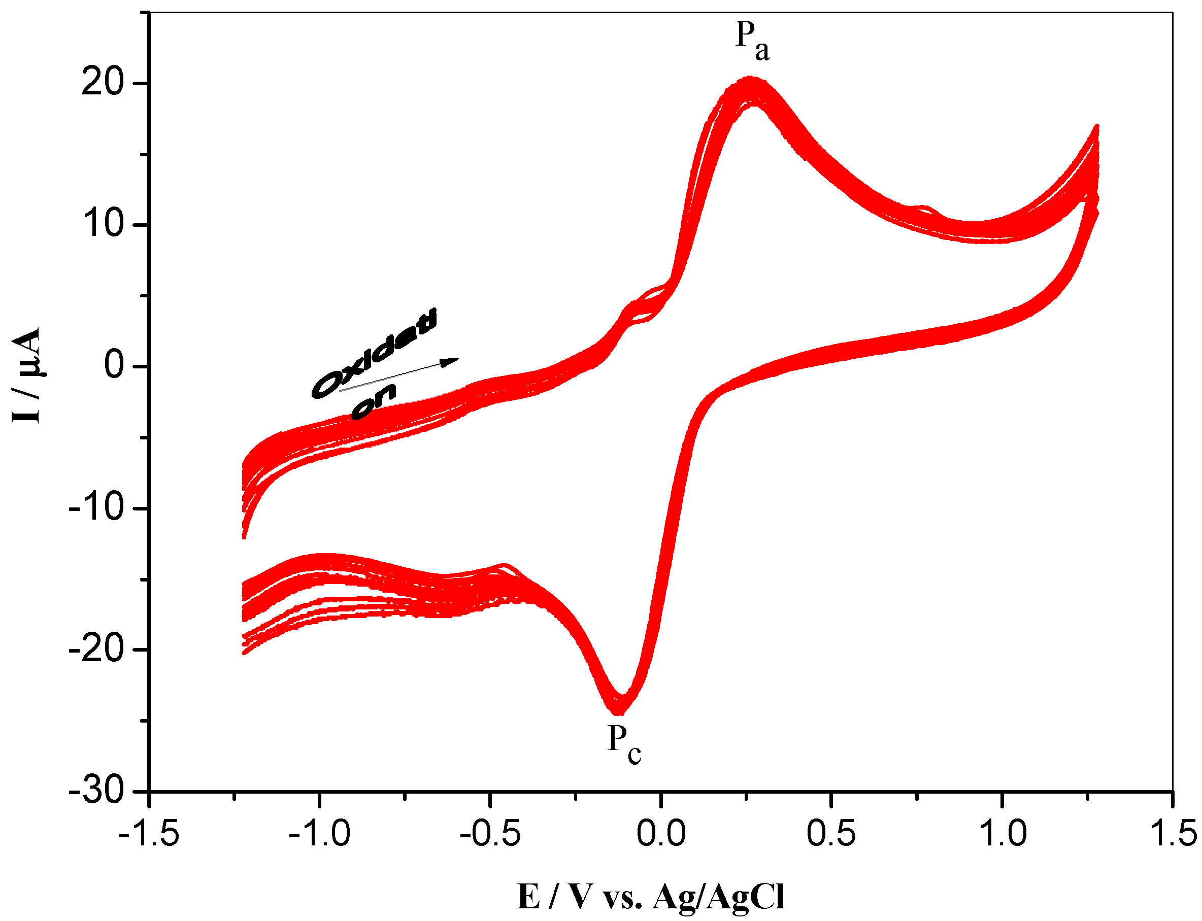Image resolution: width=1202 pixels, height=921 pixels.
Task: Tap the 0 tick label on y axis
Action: tap(115, 366)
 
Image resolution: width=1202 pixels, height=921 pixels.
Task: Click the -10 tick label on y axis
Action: tap(96, 507)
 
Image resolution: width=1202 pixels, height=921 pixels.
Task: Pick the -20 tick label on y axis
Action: tap(96, 650)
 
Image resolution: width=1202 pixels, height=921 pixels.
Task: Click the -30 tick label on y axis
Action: tap(96, 791)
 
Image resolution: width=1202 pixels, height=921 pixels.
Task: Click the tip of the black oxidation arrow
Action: tap(458, 359)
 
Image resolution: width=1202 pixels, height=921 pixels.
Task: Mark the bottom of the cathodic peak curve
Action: tap(618, 712)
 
